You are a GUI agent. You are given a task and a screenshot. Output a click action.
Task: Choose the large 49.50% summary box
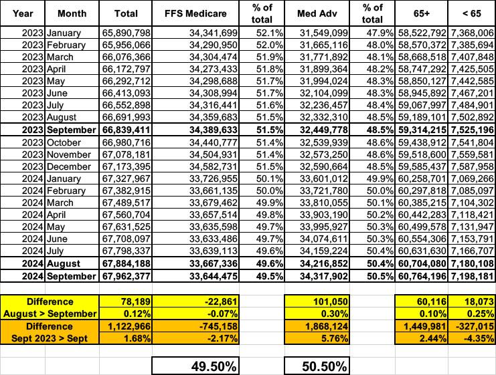click(x=196, y=366)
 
